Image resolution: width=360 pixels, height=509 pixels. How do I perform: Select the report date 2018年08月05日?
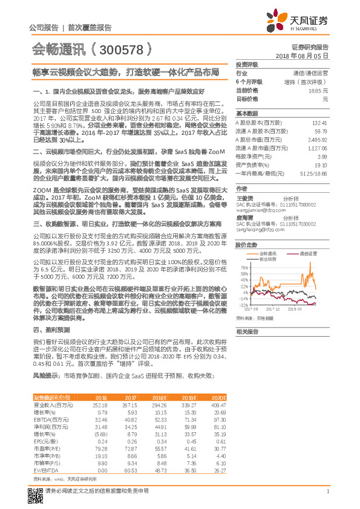tap(306, 55)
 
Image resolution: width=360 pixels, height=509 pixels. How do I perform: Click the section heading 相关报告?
tap(246, 331)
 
